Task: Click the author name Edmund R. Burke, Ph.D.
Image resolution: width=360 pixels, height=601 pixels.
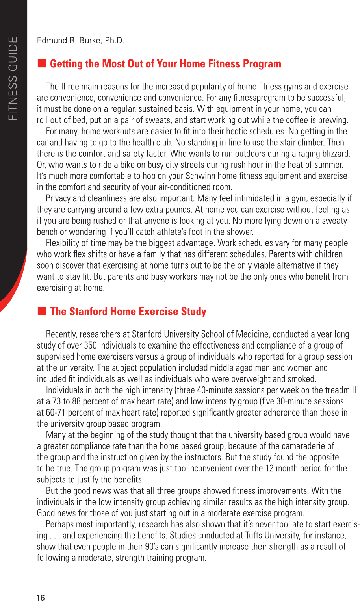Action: pos(80,40)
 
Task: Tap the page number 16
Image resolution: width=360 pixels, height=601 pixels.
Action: pos(41,597)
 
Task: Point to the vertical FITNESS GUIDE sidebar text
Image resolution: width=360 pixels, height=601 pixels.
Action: pos(13,79)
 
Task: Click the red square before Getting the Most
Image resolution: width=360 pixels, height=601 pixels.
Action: pos(41,63)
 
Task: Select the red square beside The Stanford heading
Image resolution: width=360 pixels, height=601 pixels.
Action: pos(41,311)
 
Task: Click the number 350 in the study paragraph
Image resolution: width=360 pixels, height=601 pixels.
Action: pos(90,345)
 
